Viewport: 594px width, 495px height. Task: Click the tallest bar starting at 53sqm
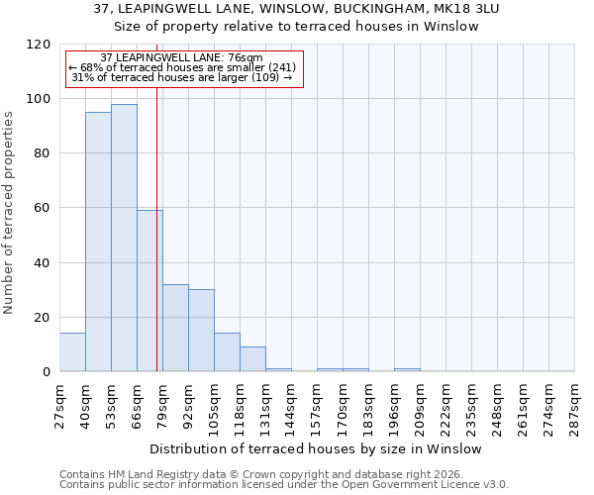(124, 238)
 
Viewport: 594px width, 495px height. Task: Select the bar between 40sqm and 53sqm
(98, 242)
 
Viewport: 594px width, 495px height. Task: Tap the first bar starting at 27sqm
(72, 352)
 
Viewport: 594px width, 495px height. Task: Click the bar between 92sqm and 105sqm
(201, 331)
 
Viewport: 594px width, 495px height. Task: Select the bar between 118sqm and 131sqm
(252, 359)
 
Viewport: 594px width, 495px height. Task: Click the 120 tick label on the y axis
(39, 45)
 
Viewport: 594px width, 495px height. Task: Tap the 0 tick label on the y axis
(47, 372)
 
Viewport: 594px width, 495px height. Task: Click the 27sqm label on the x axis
(60, 401)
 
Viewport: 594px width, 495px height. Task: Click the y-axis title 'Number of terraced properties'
(9, 213)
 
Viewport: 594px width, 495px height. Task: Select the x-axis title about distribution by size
(317, 448)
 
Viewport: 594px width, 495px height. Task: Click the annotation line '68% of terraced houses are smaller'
(182, 67)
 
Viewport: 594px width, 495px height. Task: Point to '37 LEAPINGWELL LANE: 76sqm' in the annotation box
(182, 57)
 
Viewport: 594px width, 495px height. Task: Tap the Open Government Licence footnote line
(284, 484)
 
